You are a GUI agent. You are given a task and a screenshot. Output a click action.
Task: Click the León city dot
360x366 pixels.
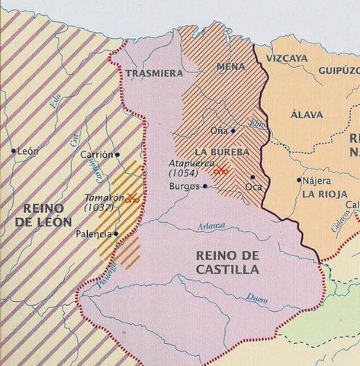coord(14,151)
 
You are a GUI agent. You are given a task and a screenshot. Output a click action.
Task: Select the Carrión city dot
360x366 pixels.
coord(117,154)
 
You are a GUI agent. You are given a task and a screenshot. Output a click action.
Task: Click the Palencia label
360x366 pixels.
coord(94,234)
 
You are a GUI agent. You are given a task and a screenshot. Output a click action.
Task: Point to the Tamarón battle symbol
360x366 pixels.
coord(133,198)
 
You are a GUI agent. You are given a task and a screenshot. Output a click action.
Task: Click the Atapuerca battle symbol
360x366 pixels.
coord(220,171)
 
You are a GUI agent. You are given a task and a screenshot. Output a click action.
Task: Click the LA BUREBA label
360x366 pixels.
coord(222,151)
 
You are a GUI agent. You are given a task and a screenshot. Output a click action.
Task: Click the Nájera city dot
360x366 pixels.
coord(299,180)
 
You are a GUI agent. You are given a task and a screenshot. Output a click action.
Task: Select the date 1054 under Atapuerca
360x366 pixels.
coord(183,173)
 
